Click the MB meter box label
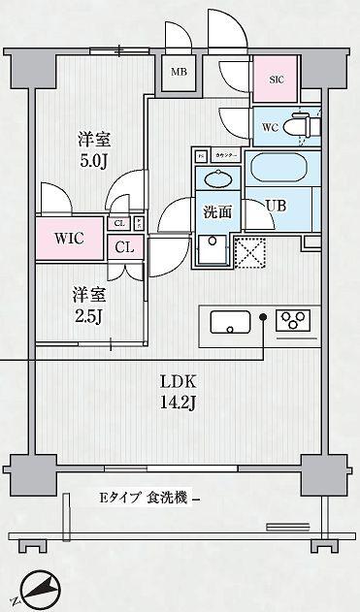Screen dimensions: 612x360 (x=179, y=72)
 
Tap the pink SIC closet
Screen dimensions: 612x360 (x=275, y=79)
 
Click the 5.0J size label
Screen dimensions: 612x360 (x=92, y=161)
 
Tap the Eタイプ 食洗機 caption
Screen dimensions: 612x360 (x=145, y=499)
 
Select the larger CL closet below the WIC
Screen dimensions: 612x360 (x=125, y=246)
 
